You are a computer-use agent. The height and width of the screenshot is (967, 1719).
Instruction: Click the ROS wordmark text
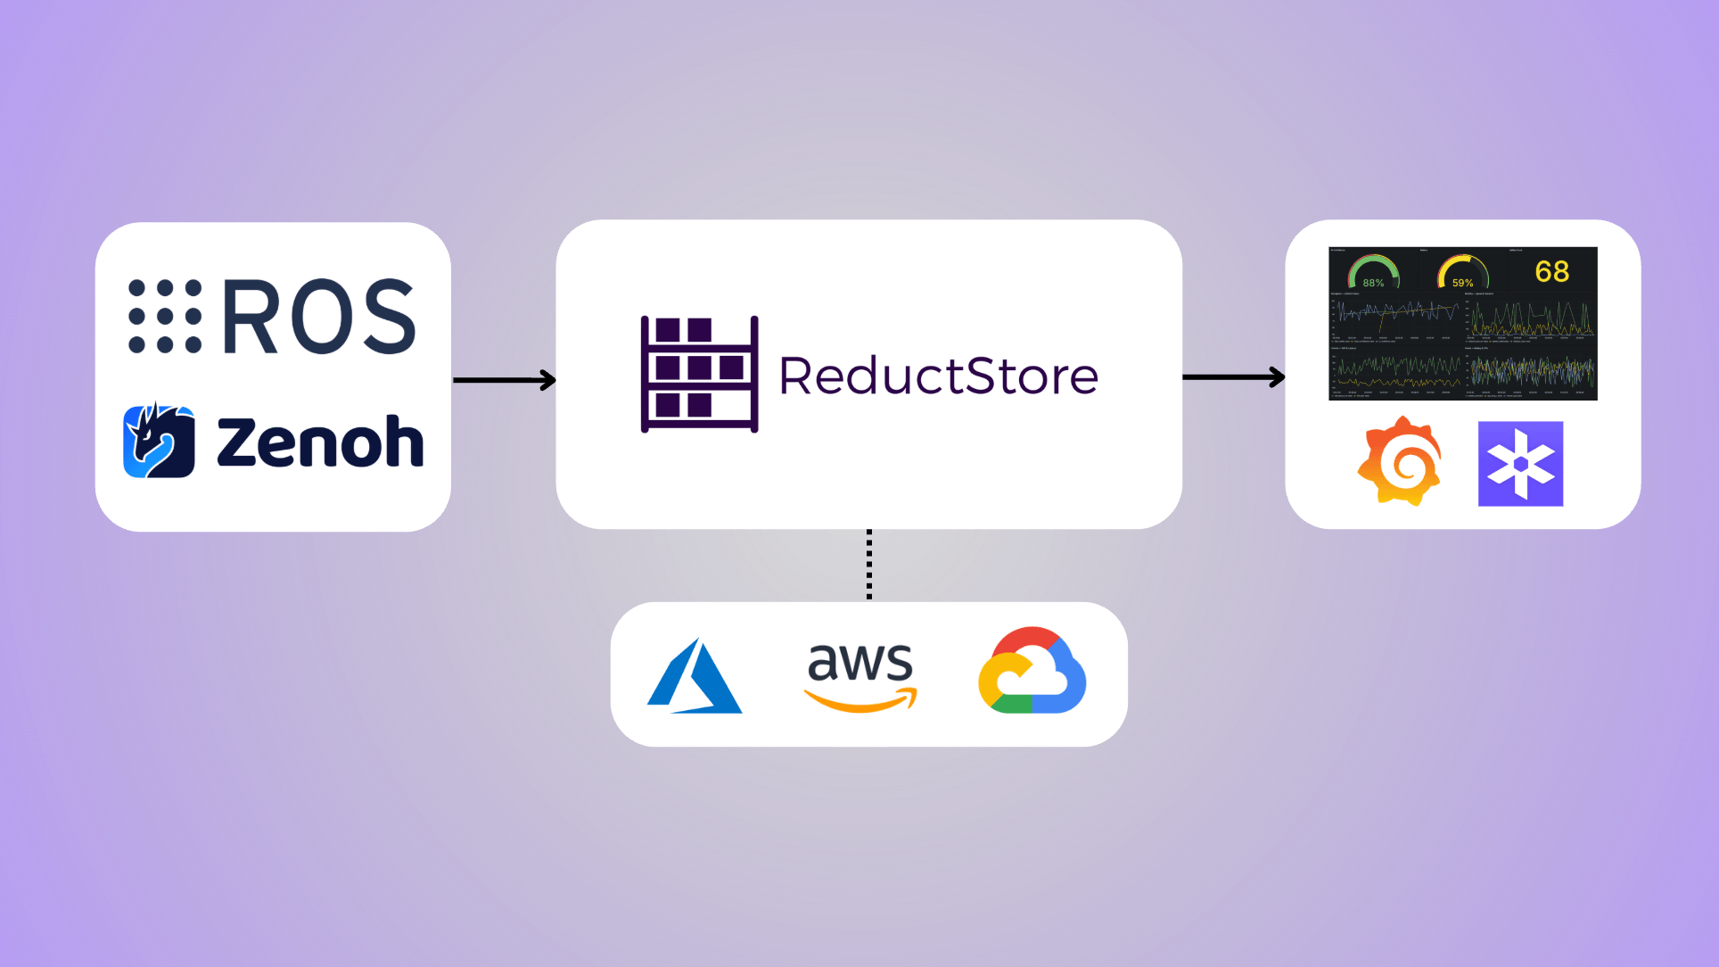[319, 316]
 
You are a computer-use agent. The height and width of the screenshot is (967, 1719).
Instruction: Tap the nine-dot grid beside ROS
[165, 316]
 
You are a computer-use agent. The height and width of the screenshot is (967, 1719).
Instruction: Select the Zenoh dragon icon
[159, 441]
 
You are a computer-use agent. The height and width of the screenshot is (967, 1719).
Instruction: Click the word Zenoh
[320, 442]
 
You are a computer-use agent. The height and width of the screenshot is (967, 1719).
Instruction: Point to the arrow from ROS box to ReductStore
[504, 380]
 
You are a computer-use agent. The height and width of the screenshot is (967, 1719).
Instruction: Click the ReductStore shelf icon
[699, 375]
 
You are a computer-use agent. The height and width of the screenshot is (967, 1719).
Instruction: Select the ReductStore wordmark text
[938, 376]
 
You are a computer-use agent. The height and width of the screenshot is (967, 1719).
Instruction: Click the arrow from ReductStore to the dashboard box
[1233, 377]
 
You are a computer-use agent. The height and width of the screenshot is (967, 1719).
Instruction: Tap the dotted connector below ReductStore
[869, 565]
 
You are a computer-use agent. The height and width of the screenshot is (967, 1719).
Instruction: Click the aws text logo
[859, 662]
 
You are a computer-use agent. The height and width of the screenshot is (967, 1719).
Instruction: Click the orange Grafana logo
[1400, 462]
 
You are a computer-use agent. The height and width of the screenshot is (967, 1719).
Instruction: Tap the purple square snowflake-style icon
[1520, 464]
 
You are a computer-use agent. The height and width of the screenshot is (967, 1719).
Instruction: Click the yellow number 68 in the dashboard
[1552, 271]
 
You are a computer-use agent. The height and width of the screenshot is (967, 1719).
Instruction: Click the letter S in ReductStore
[982, 376]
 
